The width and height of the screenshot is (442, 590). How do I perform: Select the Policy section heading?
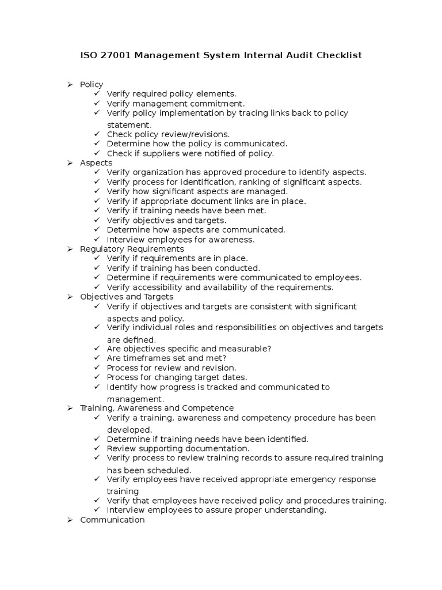(x=92, y=84)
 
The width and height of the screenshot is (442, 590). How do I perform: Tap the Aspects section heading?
(x=96, y=163)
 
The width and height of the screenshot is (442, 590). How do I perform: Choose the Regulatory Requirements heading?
(x=132, y=249)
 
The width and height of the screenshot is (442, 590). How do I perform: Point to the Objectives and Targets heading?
(x=127, y=297)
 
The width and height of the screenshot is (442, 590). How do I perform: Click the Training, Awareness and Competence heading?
(x=157, y=408)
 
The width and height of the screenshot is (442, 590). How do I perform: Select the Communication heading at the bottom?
(x=112, y=520)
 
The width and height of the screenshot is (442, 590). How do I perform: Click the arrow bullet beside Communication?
(x=70, y=520)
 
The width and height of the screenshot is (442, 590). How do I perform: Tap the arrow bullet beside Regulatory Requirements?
(x=70, y=249)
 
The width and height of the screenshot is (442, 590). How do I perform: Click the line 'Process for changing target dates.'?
(x=177, y=377)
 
